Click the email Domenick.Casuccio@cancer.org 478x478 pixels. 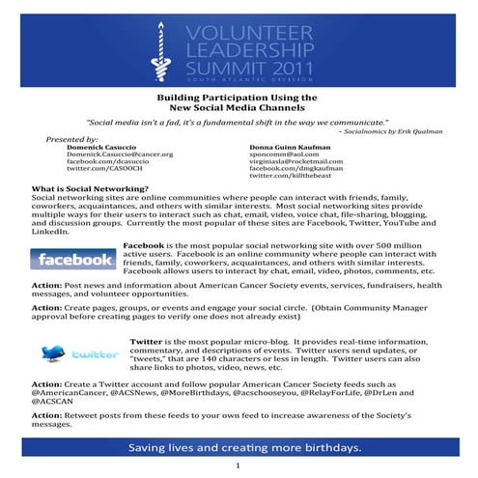119,154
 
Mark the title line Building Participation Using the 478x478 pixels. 238,98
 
